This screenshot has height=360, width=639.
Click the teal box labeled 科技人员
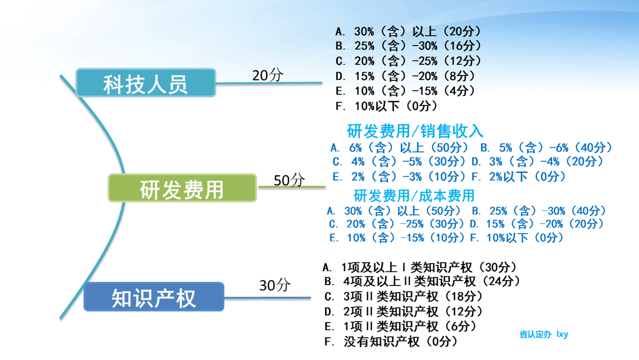pos(146,83)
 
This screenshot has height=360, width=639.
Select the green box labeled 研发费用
pos(183,188)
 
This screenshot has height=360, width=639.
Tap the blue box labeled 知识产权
pos(154,297)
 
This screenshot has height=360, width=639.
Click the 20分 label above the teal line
pos(268,75)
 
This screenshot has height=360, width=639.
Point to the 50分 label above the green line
pos(289,180)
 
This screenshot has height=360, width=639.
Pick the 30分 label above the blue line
pos(274,285)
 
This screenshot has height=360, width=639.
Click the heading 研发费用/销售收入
pos(415,131)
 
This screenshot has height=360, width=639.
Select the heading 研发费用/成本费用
pos(414,195)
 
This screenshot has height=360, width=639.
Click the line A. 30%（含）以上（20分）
pos(408,31)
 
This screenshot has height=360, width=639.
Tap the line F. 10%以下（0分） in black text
pos(386,106)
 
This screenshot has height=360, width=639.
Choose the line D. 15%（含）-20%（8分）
pos(405,76)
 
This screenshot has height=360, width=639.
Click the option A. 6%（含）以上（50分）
pos(399,148)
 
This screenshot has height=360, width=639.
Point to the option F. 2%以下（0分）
pos(518,177)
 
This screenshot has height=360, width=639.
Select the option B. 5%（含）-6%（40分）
pos(547,148)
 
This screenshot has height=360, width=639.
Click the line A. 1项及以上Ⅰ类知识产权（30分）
pos(420,268)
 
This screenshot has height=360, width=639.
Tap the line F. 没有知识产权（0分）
pos(391,342)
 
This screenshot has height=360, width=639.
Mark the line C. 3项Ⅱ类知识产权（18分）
pos(404,297)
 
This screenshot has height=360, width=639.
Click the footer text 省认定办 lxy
pos(544,334)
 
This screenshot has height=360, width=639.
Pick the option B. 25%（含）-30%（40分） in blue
pos(539,211)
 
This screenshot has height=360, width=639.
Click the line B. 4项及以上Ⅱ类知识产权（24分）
pos(423,281)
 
